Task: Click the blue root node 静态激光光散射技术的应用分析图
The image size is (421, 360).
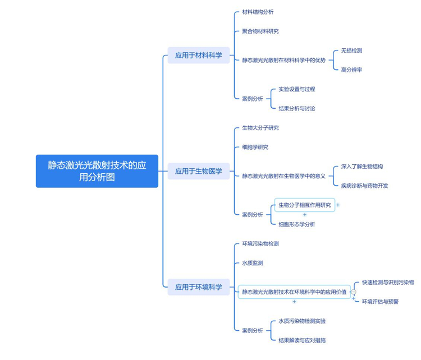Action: (x=97, y=171)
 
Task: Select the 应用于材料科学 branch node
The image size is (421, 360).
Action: (x=198, y=55)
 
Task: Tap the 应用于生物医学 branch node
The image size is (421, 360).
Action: (x=198, y=171)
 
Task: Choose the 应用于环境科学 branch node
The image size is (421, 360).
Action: (x=198, y=287)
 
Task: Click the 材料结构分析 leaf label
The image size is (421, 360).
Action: (x=258, y=12)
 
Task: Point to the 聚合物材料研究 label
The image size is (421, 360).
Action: (x=260, y=31)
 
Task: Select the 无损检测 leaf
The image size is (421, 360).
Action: (x=351, y=50)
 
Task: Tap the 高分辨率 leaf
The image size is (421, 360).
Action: (x=351, y=70)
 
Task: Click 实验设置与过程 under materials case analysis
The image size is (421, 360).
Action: (x=296, y=89)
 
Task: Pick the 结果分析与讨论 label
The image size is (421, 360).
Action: (x=296, y=108)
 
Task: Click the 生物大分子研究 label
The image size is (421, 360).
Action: (x=260, y=128)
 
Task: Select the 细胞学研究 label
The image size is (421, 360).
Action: (x=255, y=147)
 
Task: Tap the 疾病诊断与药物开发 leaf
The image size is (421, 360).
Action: (x=364, y=186)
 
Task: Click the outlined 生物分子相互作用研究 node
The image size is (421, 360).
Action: (x=305, y=205)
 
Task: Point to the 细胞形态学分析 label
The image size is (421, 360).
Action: (x=296, y=224)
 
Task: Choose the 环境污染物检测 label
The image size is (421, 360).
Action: (x=260, y=244)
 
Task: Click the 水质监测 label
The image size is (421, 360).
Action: (x=252, y=263)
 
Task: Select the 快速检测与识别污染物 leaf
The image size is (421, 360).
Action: (x=388, y=282)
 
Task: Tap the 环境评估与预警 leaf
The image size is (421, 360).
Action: (x=380, y=302)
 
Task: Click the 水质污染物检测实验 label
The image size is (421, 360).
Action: (x=302, y=321)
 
